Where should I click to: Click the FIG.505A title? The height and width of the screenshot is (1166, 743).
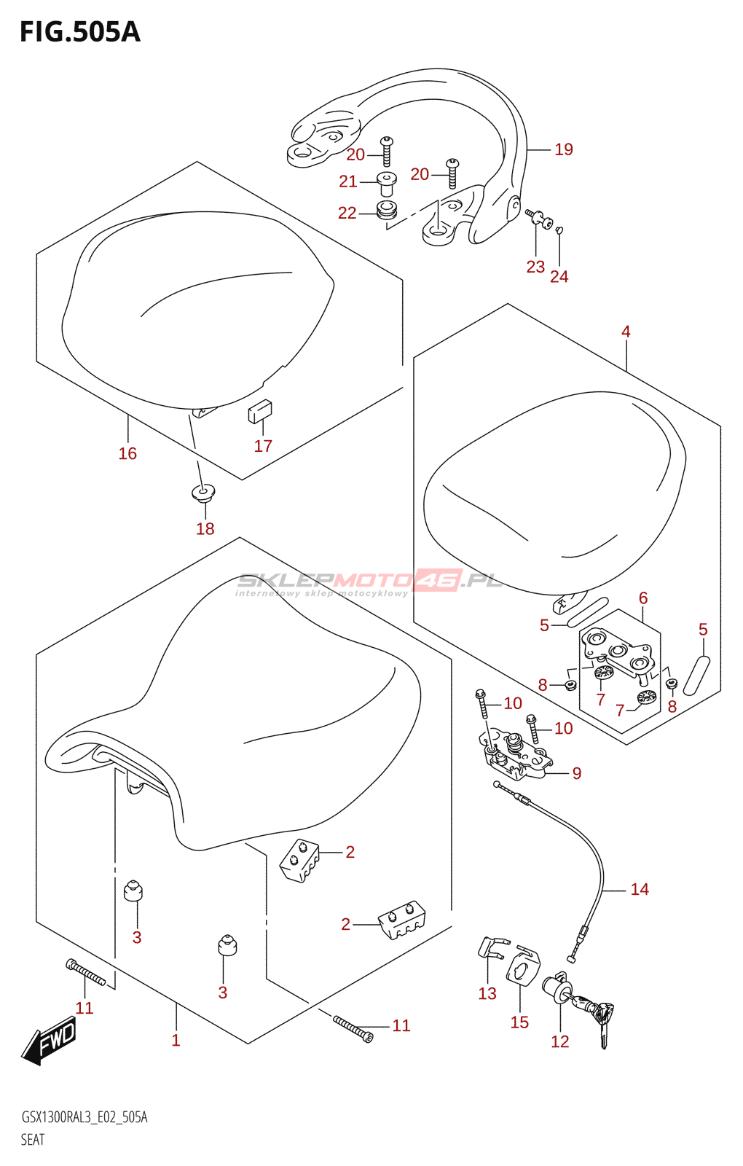click(x=79, y=32)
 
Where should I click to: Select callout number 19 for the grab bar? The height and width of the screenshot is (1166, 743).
click(x=564, y=149)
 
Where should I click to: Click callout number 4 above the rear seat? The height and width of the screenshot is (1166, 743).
click(x=626, y=332)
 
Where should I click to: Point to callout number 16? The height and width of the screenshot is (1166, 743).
click(x=127, y=453)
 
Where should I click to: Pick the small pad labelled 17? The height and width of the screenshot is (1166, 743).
click(x=260, y=412)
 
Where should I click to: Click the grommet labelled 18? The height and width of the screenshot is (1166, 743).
click(x=203, y=493)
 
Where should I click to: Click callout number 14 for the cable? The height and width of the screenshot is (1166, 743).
click(x=639, y=889)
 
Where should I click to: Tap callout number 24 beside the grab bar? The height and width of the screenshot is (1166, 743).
click(x=559, y=276)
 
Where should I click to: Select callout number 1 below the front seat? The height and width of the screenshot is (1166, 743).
click(x=176, y=1040)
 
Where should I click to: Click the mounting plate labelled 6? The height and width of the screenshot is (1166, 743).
click(x=618, y=651)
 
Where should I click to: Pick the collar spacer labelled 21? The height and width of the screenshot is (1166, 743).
click(x=386, y=181)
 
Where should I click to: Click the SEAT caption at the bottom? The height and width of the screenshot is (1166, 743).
click(x=33, y=1140)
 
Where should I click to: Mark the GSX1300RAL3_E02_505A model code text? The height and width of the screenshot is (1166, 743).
click(x=84, y=1117)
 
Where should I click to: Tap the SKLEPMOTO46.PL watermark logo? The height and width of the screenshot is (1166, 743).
click(x=369, y=581)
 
